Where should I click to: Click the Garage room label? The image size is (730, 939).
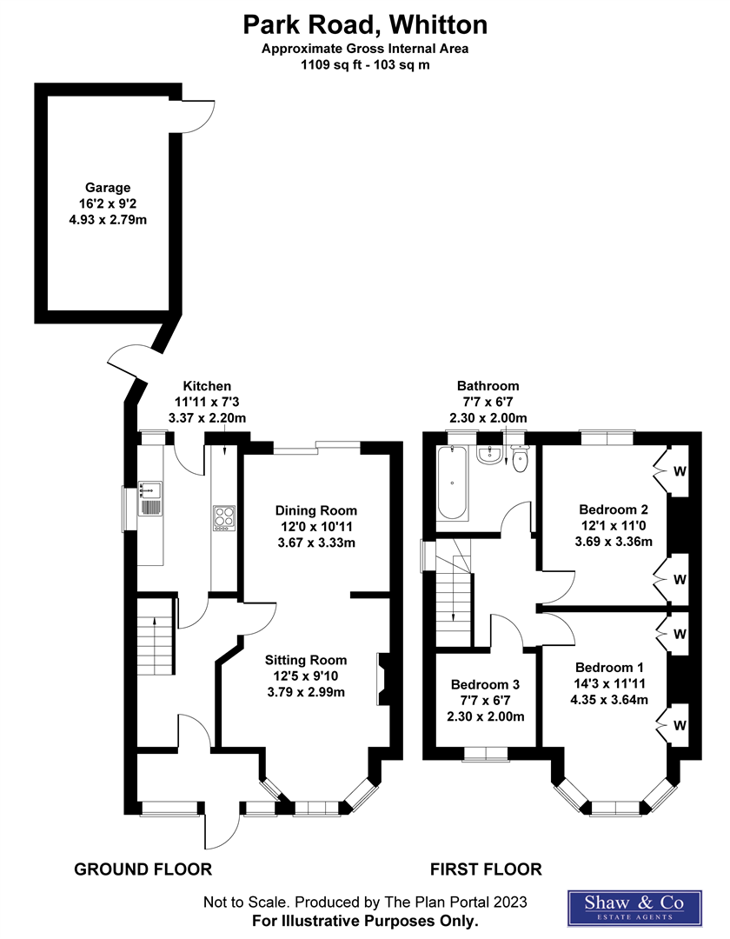[108, 187]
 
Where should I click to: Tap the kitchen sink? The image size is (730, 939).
[148, 498]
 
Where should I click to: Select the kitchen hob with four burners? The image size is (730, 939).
[223, 518]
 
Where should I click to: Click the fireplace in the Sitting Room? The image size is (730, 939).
[382, 678]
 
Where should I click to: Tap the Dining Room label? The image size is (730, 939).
[315, 510]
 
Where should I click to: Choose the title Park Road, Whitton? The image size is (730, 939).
[364, 23]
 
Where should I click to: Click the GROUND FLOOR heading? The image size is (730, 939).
[143, 869]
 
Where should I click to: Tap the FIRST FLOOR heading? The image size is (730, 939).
[487, 869]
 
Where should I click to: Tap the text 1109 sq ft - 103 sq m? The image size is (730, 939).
[364, 64]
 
